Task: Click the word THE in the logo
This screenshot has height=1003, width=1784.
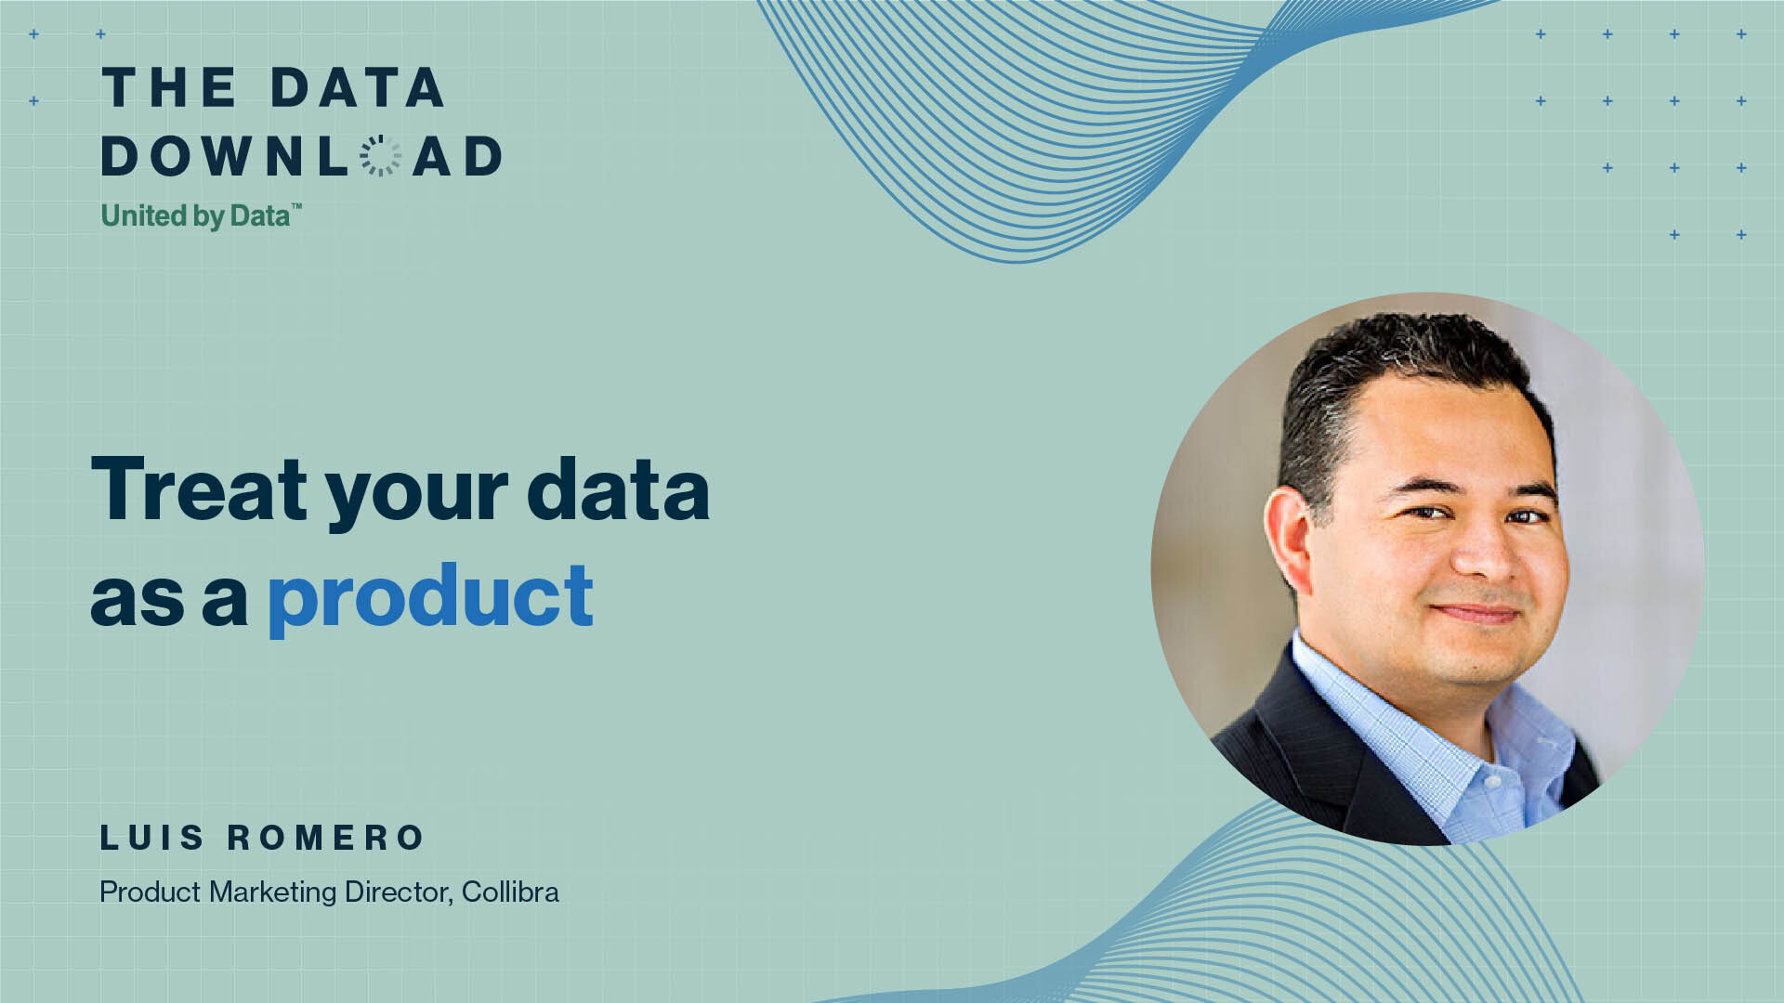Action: click(x=169, y=88)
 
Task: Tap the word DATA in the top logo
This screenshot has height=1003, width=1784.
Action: click(x=358, y=88)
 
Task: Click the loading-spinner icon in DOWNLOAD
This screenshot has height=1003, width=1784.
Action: click(x=380, y=155)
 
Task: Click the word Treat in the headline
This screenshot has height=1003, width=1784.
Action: click(x=199, y=488)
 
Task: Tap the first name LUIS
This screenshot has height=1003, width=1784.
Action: click(x=151, y=838)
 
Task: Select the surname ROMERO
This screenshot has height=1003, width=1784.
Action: click(x=326, y=838)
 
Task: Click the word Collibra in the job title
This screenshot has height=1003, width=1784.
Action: click(x=510, y=892)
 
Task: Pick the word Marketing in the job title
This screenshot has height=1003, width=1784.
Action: click(x=273, y=892)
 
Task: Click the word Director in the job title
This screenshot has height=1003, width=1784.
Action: click(x=399, y=892)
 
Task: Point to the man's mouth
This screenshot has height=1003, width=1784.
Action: click(x=1477, y=613)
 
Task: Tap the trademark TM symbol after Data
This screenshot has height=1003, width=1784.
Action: click(x=296, y=206)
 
